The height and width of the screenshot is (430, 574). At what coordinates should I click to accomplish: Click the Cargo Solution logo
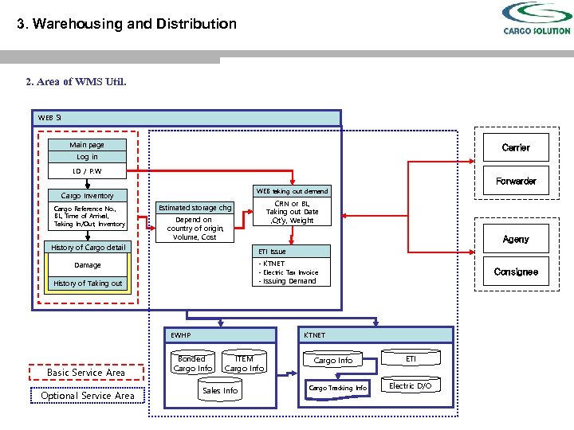537,19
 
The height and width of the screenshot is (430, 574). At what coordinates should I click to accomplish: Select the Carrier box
516,147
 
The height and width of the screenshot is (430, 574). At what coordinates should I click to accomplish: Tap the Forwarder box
516,181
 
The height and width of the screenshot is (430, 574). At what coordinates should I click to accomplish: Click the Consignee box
516,272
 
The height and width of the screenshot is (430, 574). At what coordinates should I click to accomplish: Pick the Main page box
87,145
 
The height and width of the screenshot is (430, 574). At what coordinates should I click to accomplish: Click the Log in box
87,157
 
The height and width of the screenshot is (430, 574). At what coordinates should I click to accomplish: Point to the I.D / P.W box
87,170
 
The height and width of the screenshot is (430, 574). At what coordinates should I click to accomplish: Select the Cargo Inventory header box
87,195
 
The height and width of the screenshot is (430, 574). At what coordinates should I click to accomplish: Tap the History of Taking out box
88,283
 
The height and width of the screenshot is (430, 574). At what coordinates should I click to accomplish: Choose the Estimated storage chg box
195,208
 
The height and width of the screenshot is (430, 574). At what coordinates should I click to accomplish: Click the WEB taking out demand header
292,191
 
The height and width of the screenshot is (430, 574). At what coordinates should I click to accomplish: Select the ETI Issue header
292,252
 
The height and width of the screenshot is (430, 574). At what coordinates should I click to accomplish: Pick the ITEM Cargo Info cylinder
244,364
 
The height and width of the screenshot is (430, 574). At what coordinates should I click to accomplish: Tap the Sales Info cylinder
220,391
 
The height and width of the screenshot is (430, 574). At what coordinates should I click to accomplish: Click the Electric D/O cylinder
411,386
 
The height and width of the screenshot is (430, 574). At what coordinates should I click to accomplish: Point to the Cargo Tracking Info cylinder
337,388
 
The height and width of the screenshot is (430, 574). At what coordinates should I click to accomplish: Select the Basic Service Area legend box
86,373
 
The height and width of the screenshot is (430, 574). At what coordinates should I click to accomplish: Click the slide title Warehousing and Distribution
128,24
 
